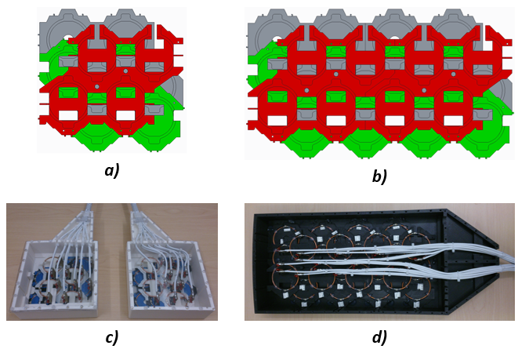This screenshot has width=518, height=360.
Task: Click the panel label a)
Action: pyautogui.click(x=111, y=170)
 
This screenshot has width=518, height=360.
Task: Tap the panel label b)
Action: pyautogui.click(x=379, y=176)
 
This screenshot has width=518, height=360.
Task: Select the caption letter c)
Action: pyautogui.click(x=111, y=337)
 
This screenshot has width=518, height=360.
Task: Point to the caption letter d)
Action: pyautogui.click(x=379, y=337)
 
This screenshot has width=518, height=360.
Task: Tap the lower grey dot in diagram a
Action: pyautogui.click(x=96, y=85)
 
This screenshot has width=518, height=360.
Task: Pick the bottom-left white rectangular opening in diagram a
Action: pyautogui.click(x=68, y=115)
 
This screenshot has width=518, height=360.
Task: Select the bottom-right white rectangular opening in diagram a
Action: pyautogui.click(x=126, y=115)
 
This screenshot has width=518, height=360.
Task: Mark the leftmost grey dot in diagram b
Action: pyautogui.click(x=306, y=89)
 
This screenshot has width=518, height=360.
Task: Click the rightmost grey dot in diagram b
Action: pyautogui.click(x=454, y=74)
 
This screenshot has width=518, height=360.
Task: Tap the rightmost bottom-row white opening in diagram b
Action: pyautogui.click(x=453, y=121)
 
